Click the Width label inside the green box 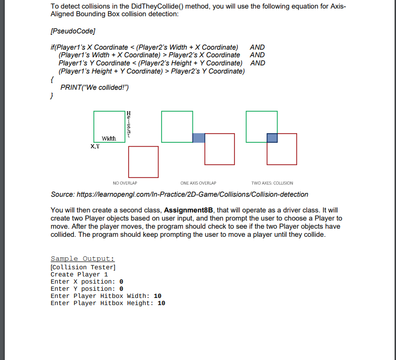[109, 138]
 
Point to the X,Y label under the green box [95, 147]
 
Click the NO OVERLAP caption [125, 183]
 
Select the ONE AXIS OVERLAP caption [198, 183]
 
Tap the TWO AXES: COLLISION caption [272, 183]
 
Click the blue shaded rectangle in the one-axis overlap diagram [199, 138]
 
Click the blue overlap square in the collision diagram [272, 138]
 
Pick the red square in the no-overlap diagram [143, 161]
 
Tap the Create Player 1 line [79, 275]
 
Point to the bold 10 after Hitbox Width [158, 296]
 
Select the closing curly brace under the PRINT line [52, 95]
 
